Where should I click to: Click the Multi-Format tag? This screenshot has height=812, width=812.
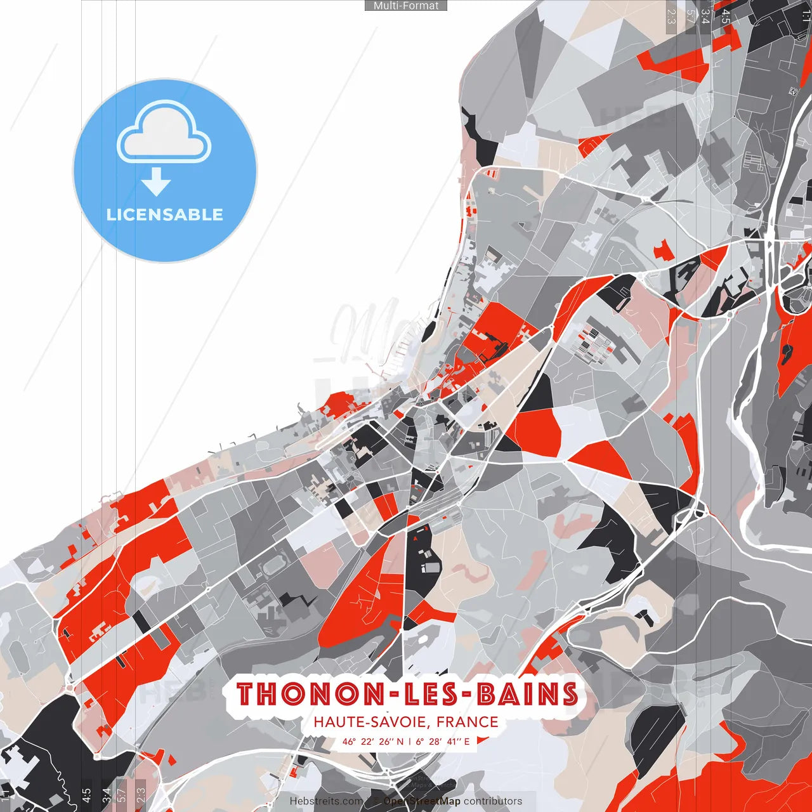406,6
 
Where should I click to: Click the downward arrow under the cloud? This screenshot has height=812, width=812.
156,182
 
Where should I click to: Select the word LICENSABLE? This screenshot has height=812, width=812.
165,214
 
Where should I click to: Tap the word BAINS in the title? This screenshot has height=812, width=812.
527,694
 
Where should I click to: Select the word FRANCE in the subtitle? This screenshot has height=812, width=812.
468,722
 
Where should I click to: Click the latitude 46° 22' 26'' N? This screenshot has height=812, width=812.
373,741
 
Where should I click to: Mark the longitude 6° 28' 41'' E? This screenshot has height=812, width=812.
443,741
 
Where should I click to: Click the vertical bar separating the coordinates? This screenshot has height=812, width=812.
410,741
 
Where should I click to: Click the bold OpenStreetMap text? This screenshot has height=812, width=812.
422,801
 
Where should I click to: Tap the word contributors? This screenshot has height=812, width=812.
493,801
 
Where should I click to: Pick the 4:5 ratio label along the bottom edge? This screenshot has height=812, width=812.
86,794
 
